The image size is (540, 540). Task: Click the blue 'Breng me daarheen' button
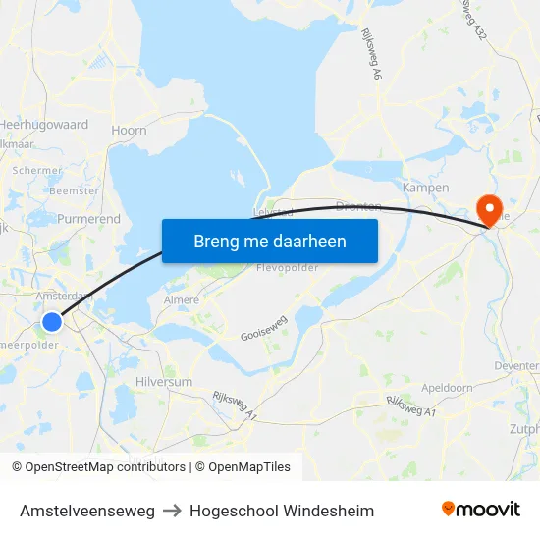point(270,241)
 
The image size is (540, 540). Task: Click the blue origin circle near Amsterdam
point(53,321)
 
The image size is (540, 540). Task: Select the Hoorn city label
point(130,130)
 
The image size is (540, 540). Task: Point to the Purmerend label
point(88,218)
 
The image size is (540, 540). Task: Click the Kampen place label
point(426,187)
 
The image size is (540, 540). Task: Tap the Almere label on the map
point(181,299)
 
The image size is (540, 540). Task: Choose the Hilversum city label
point(165,381)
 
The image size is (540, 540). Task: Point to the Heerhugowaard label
point(44,125)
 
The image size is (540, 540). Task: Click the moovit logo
point(480,509)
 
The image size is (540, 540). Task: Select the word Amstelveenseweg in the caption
point(87,511)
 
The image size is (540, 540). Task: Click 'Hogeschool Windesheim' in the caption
point(282,511)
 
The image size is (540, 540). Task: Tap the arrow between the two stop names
point(172,511)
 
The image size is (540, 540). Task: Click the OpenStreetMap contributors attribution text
point(105,467)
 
